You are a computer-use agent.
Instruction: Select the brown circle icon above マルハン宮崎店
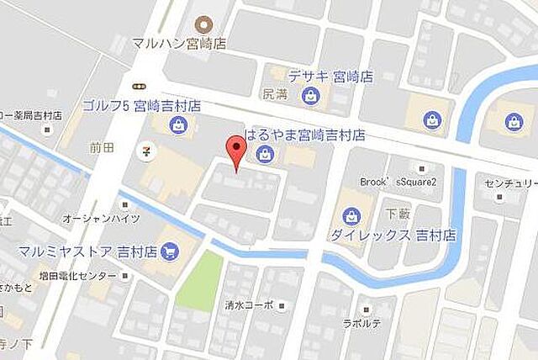coord(202,24)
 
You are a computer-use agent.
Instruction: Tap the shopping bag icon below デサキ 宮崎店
coord(311,97)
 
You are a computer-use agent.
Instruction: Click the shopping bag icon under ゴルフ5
coord(178,126)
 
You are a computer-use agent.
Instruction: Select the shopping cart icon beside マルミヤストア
coord(171,251)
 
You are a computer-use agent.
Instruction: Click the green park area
coord(199,280)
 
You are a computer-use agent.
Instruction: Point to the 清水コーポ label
coord(249,306)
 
